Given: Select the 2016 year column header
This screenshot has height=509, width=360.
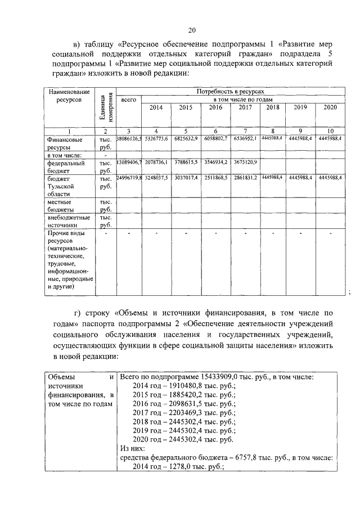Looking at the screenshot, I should coord(216,107).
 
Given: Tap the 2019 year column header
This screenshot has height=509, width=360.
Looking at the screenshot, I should coord(300,107).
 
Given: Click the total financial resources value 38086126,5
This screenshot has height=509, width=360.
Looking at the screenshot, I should coord(129,138).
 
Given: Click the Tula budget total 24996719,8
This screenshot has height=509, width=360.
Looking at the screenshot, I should coord(129,177).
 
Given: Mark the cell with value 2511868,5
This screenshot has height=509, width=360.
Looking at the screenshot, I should coord(216,177).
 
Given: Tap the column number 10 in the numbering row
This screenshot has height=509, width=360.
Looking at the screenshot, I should coord(331,130).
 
